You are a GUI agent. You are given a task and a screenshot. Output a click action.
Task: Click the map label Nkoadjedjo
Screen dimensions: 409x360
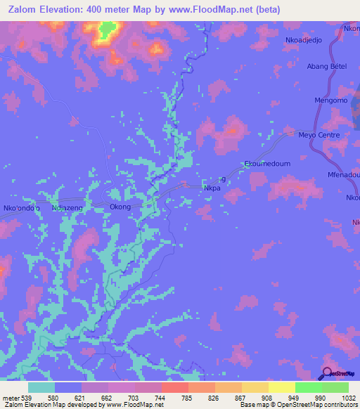[303, 40]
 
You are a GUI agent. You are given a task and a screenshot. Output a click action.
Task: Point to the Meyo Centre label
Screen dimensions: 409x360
[319, 135]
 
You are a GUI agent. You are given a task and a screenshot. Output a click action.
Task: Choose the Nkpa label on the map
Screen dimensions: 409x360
[212, 188]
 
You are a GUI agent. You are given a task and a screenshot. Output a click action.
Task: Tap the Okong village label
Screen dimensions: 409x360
[120, 207]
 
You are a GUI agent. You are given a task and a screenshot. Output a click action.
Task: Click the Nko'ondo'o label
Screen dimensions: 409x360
[22, 208]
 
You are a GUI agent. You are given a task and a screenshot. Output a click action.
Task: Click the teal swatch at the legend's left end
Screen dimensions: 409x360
[41, 387]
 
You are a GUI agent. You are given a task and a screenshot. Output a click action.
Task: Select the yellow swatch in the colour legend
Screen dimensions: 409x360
[281, 387]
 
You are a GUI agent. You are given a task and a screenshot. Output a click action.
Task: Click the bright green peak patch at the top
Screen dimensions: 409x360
[107, 30]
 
